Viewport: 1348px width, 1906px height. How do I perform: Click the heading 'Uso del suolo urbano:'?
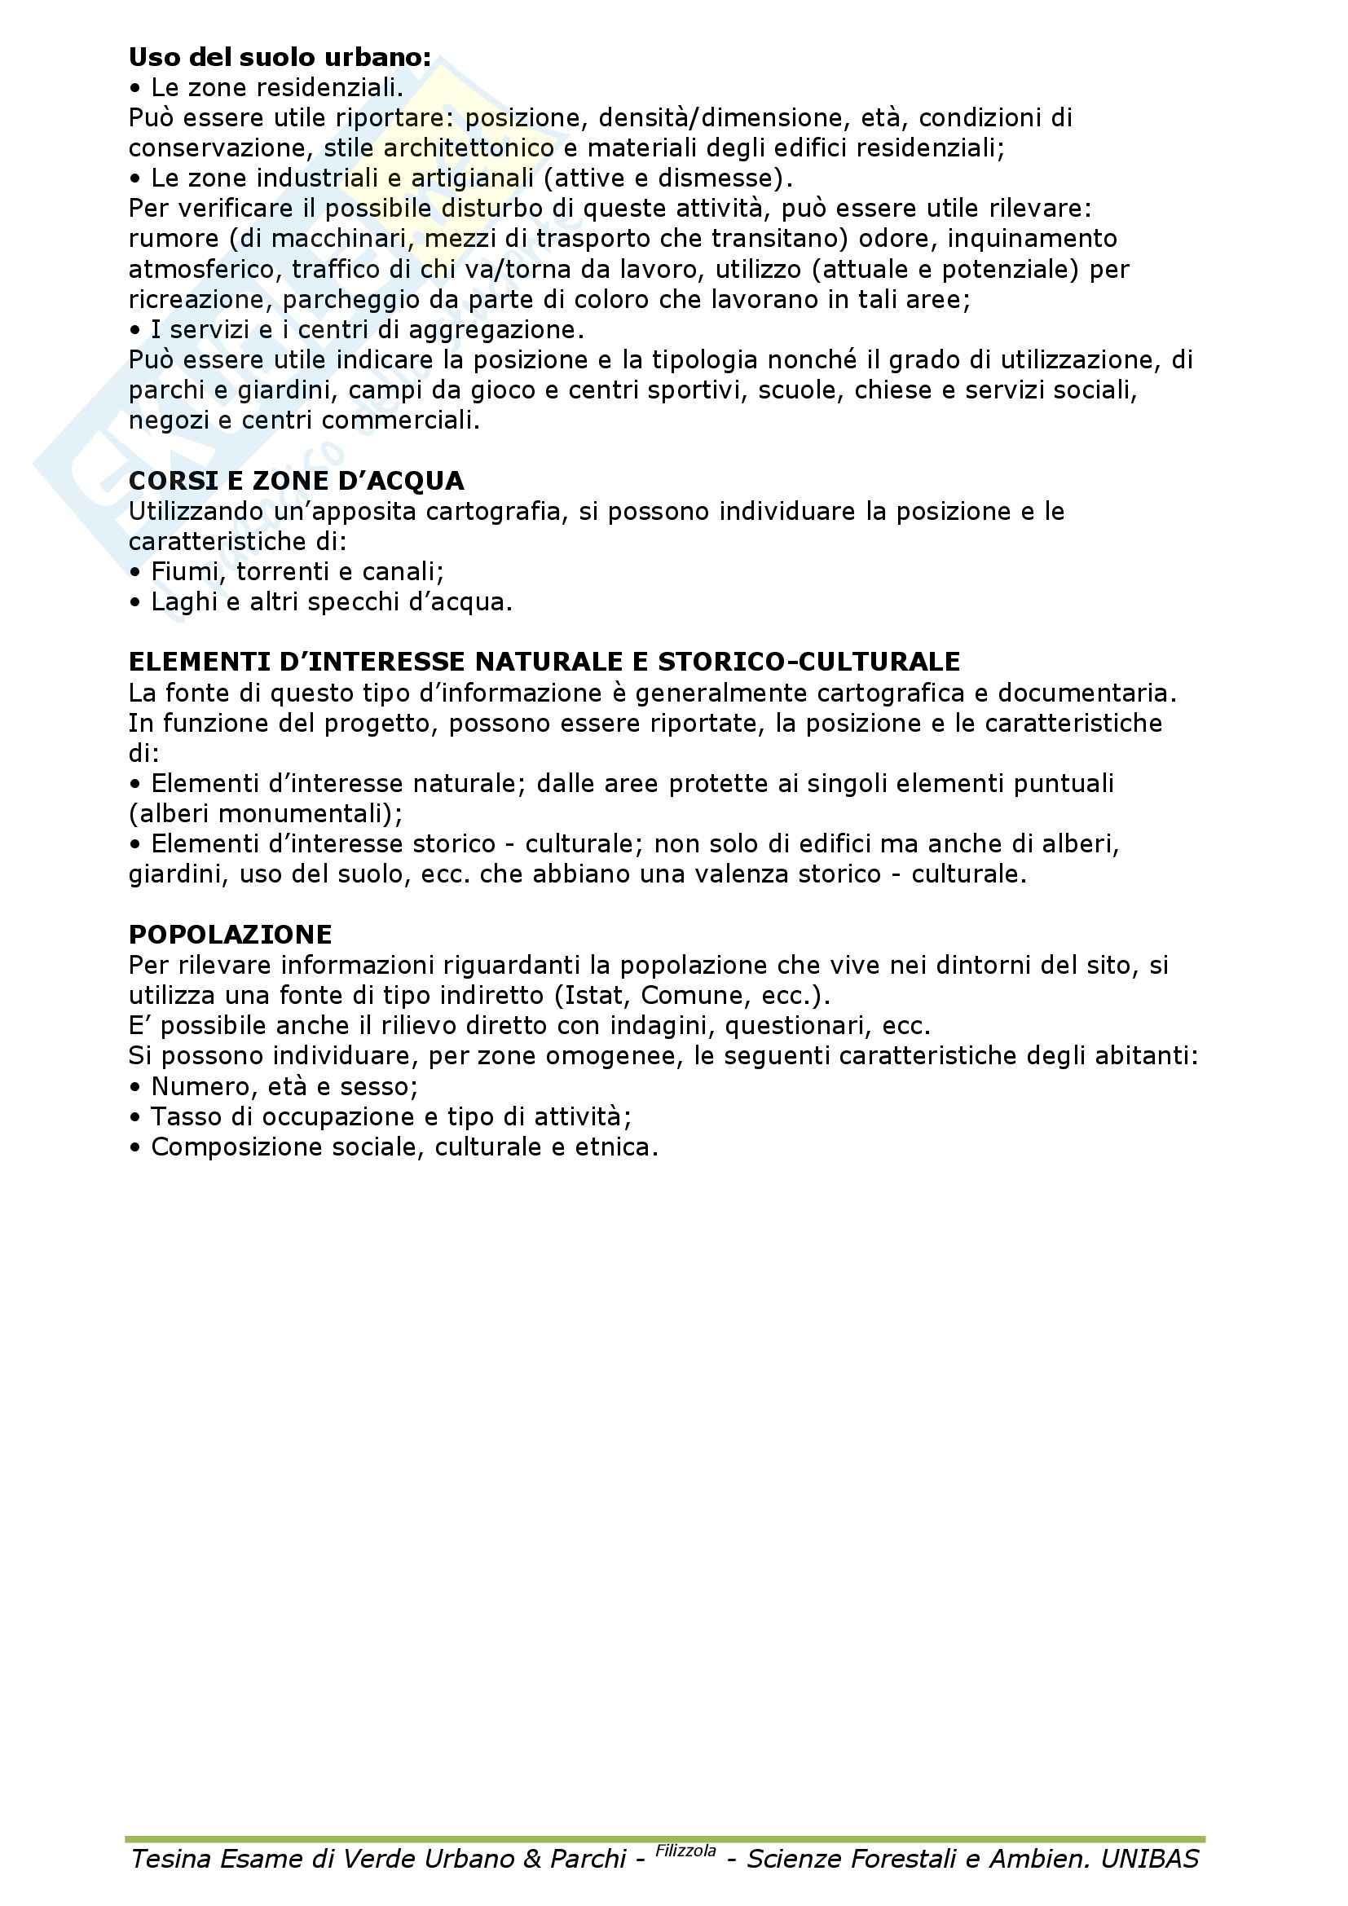click(x=280, y=57)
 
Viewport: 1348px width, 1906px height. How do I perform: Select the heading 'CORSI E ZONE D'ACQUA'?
click(x=297, y=481)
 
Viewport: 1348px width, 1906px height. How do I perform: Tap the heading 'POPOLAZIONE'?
click(x=230, y=934)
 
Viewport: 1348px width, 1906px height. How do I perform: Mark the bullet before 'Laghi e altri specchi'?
click(x=135, y=603)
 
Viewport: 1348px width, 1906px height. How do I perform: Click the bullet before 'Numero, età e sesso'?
click(x=135, y=1088)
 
